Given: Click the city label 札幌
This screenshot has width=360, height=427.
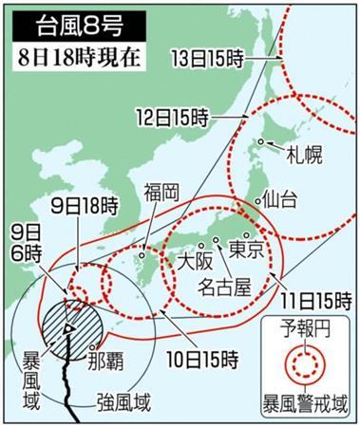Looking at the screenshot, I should tap(290, 155).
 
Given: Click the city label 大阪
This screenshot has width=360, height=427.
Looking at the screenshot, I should tap(195, 258).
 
